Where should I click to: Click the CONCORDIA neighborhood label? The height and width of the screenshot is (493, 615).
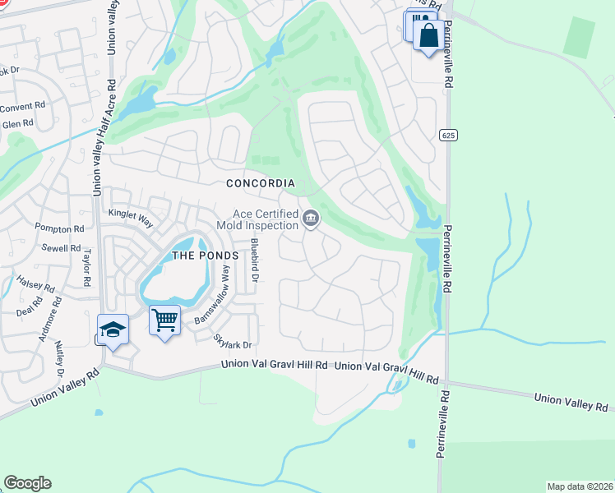[262, 184]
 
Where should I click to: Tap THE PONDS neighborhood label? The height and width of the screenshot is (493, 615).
[205, 256]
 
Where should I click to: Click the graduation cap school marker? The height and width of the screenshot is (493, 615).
[113, 329]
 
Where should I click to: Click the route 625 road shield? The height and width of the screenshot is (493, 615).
[447, 135]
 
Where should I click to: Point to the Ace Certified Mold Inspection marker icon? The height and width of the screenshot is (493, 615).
[311, 219]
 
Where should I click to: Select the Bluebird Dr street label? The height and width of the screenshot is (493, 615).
[255, 261]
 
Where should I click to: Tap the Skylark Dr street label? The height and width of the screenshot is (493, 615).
[233, 341]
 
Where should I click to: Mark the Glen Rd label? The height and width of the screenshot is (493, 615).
[18, 124]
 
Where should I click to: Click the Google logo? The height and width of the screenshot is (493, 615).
[27, 483]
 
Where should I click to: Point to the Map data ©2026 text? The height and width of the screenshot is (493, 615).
[579, 486]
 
